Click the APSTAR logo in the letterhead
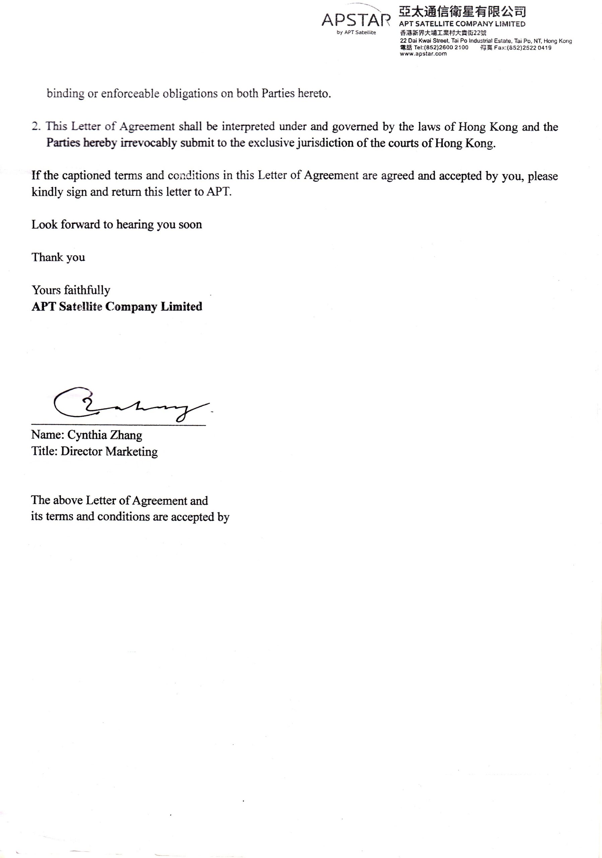(x=356, y=20)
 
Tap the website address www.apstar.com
(x=423, y=54)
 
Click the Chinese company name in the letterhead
(x=462, y=12)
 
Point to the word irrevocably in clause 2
(x=148, y=143)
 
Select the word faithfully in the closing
(x=87, y=290)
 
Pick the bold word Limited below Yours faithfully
(x=182, y=306)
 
